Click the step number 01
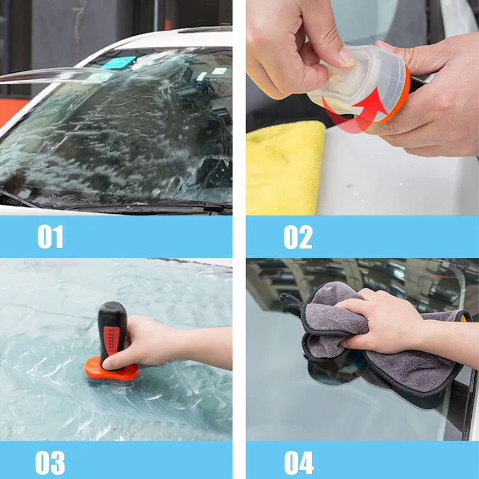point(50,237)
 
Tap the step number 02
point(298,237)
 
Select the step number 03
point(50,463)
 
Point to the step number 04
point(298,463)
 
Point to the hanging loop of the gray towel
point(291,303)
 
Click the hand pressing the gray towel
point(383,323)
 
